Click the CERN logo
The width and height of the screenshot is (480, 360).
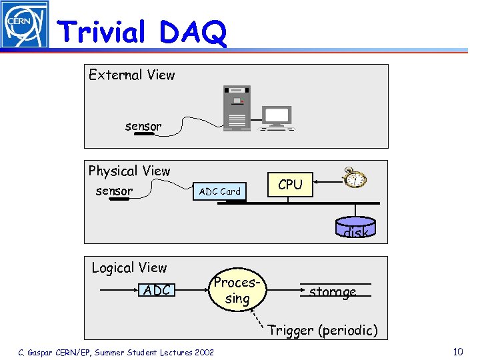25,25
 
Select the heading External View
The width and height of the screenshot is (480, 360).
132,75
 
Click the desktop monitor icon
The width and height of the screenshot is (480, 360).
276,117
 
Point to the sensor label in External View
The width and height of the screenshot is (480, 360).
143,126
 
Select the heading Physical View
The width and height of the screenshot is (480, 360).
129,171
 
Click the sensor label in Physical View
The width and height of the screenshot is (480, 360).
114,191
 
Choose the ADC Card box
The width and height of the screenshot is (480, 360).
220,191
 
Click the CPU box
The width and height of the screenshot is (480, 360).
290,185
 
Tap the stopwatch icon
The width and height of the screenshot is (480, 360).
354,177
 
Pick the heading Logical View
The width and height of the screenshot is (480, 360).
129,267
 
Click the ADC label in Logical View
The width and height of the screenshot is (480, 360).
157,290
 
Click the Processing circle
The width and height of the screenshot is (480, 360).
237,291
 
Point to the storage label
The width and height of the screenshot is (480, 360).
333,291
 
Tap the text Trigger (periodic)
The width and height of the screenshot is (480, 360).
323,330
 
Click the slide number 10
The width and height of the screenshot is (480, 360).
457,351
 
